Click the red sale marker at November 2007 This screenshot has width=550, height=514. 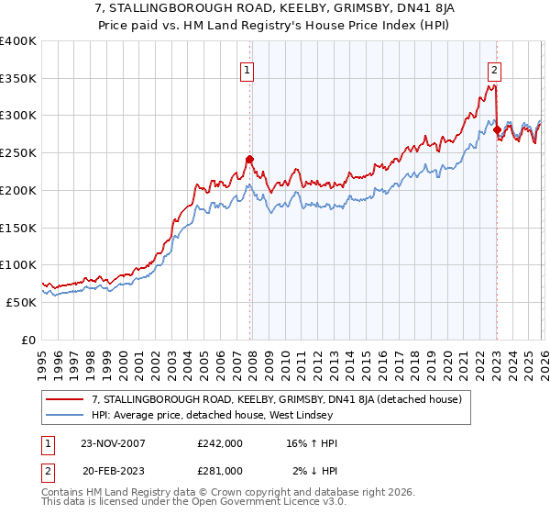[x=249, y=159]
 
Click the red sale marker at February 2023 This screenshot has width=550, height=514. [x=497, y=129]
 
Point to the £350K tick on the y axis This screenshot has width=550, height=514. [x=18, y=79]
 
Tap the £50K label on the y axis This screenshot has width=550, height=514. [x=22, y=302]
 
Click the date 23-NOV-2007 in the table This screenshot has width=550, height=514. [x=112, y=443]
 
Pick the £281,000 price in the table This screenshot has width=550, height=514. [x=220, y=471]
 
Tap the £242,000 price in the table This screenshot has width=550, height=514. [x=220, y=443]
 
